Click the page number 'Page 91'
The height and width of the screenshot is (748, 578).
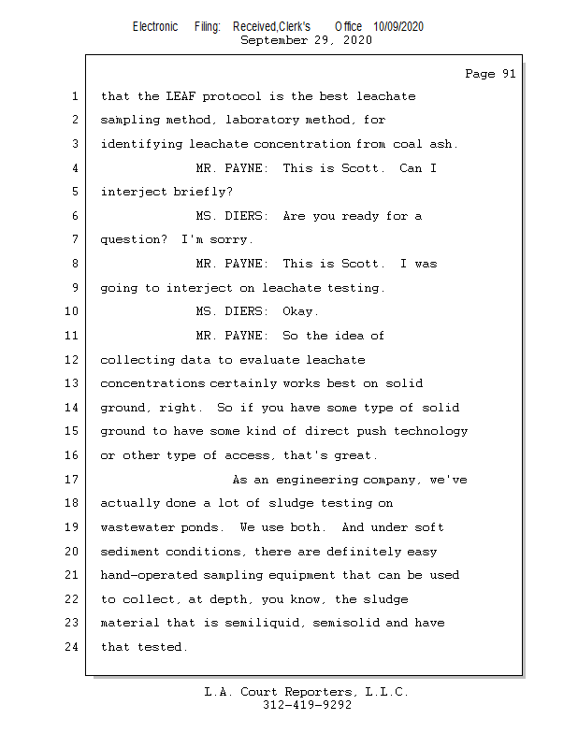coord(490,74)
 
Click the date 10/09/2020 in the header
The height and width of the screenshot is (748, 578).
coord(398,26)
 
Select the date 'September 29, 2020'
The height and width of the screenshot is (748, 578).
coord(306,40)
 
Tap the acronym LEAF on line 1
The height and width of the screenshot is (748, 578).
coord(181,96)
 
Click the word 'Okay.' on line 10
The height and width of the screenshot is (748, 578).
coord(300,311)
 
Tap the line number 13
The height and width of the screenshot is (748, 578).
coord(72,383)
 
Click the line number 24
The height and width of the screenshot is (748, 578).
coord(72,647)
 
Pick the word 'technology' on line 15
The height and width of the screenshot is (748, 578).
coord(430,431)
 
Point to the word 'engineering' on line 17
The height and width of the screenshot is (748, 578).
coord(317,480)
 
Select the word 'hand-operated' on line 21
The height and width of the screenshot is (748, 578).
coord(149,575)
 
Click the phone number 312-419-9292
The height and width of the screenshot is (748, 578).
coord(308,705)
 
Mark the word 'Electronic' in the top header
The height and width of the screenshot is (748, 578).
coord(155,26)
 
